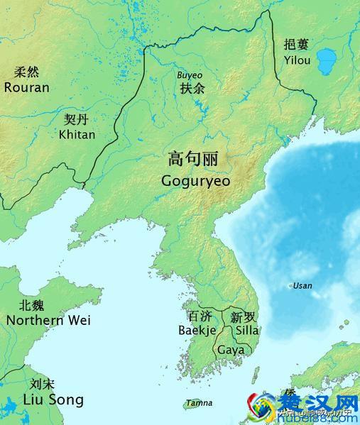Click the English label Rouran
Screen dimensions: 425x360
coord(27,87)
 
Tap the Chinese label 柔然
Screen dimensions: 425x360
coord(27,72)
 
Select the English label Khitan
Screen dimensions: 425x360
coord(77,134)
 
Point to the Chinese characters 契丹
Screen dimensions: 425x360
coord(76,119)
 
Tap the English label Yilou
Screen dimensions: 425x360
coord(296,60)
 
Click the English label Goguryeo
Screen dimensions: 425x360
coord(197,180)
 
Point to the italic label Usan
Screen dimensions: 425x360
coord(302,286)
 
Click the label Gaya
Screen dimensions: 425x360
coord(230,350)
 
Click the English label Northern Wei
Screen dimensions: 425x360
coord(48,320)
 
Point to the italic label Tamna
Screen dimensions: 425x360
coord(198,403)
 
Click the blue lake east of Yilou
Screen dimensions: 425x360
coord(327,61)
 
